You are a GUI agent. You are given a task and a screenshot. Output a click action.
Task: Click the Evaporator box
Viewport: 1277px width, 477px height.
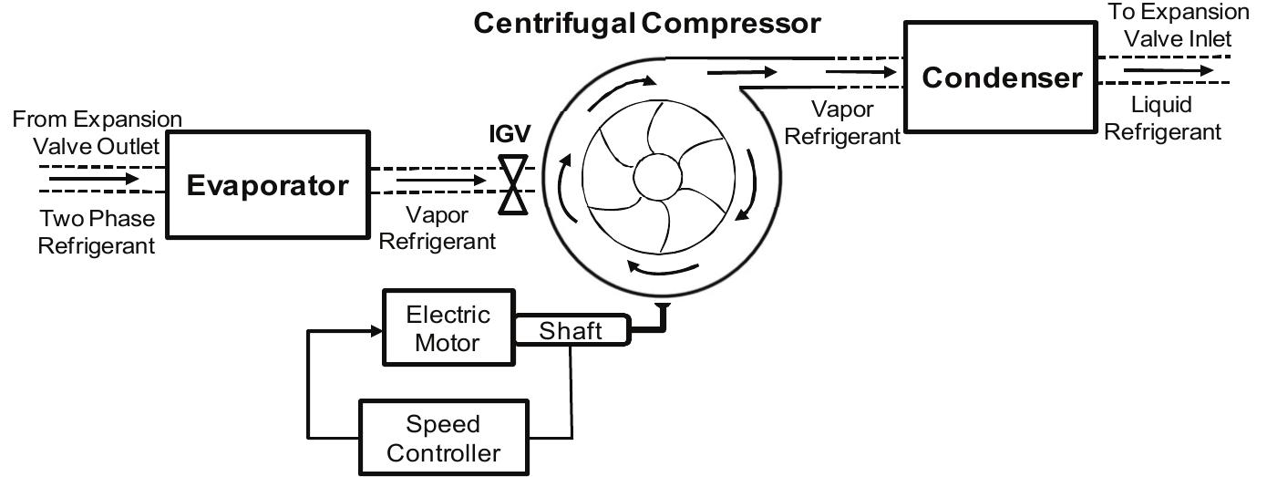click(267, 185)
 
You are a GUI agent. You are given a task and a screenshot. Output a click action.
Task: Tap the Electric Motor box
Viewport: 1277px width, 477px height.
click(448, 328)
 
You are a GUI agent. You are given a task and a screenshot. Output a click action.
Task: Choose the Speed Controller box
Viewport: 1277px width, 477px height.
click(443, 438)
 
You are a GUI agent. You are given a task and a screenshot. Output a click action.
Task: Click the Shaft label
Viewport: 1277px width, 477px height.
click(571, 329)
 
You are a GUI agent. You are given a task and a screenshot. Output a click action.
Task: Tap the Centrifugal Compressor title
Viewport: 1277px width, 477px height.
click(647, 23)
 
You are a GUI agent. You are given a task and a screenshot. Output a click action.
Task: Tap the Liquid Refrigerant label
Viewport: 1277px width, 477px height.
click(1161, 119)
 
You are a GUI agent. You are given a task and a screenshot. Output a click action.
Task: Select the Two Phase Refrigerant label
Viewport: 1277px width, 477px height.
click(96, 232)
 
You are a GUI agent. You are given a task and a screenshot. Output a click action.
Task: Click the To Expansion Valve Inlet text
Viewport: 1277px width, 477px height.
click(1178, 25)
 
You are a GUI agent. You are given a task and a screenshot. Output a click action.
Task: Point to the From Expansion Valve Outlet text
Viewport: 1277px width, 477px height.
click(97, 132)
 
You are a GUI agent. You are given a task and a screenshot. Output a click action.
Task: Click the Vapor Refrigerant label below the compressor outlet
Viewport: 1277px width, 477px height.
click(841, 122)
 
